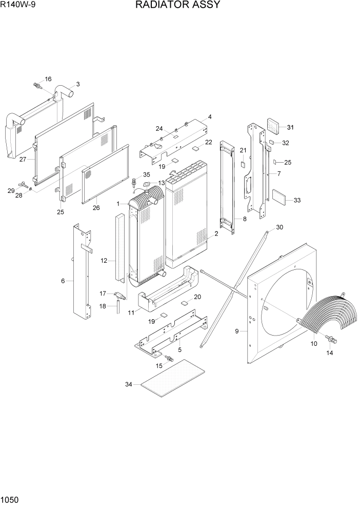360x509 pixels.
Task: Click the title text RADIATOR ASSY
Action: point(178,5)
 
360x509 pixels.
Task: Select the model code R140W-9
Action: point(19,5)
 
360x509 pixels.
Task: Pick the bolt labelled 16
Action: point(37,84)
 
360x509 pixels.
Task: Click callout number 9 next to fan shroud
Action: point(237,331)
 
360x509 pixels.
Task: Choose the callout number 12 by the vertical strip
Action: point(104,261)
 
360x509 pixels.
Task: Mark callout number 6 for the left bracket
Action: point(63,281)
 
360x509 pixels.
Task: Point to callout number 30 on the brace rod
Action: point(279,227)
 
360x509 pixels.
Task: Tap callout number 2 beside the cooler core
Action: point(216,233)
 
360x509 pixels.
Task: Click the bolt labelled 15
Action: point(168,357)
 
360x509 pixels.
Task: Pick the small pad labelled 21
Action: point(244,164)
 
